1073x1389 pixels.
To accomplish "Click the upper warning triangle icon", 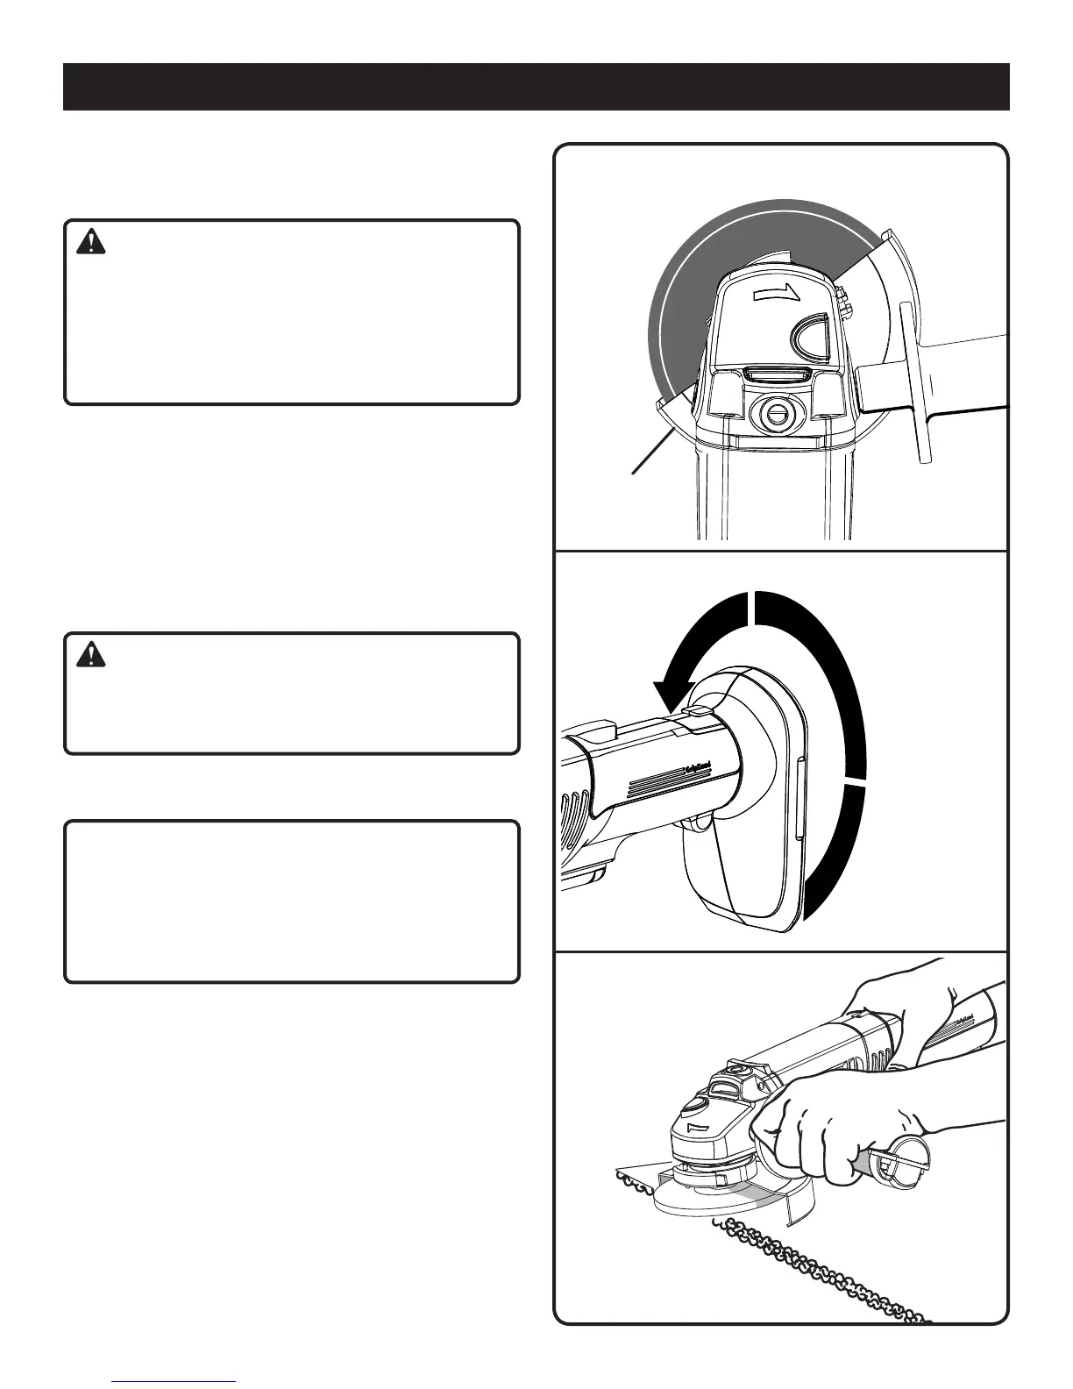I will point(90,241).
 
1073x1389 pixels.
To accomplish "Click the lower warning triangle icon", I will point(90,655).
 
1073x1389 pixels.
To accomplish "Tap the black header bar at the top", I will point(536,87).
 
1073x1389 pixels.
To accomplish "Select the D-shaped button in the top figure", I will point(814,338).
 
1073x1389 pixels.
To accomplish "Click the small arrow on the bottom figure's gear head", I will point(697,1127).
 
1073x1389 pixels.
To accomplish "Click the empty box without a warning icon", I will point(292,901).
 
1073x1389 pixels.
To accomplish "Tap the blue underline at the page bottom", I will point(174,1381).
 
